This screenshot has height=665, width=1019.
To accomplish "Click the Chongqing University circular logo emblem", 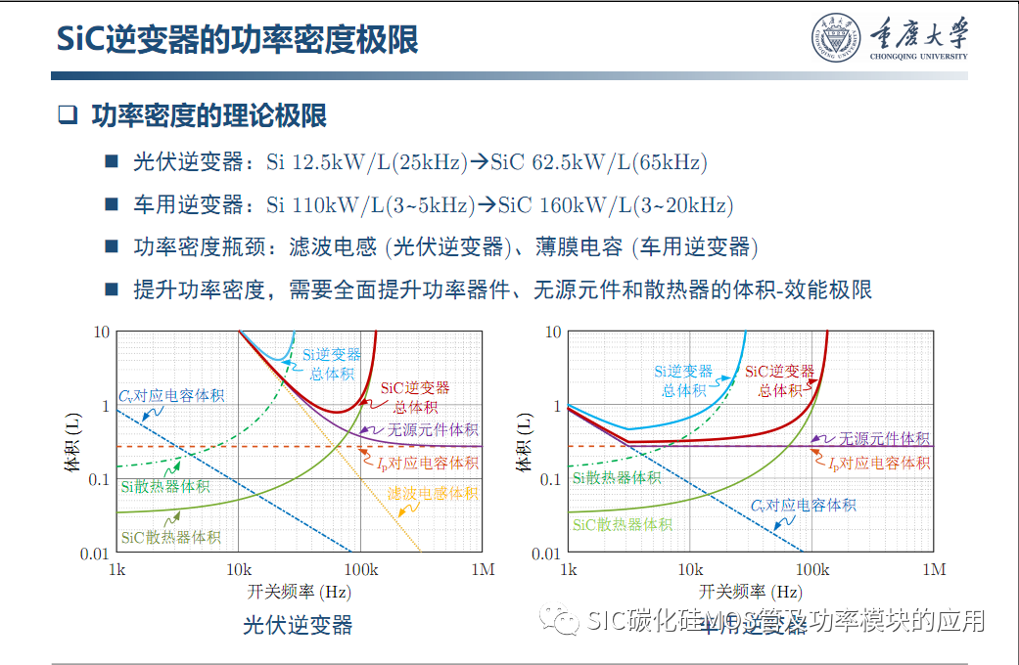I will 834,38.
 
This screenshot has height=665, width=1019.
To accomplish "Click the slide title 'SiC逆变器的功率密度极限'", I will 237,40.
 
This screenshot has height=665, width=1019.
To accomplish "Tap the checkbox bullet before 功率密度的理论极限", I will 67,115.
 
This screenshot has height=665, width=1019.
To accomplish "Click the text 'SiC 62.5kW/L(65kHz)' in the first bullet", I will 598,162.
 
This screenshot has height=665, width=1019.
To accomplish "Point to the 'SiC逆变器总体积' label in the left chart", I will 415,397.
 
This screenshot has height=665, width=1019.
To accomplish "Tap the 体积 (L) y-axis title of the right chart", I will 527,442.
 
